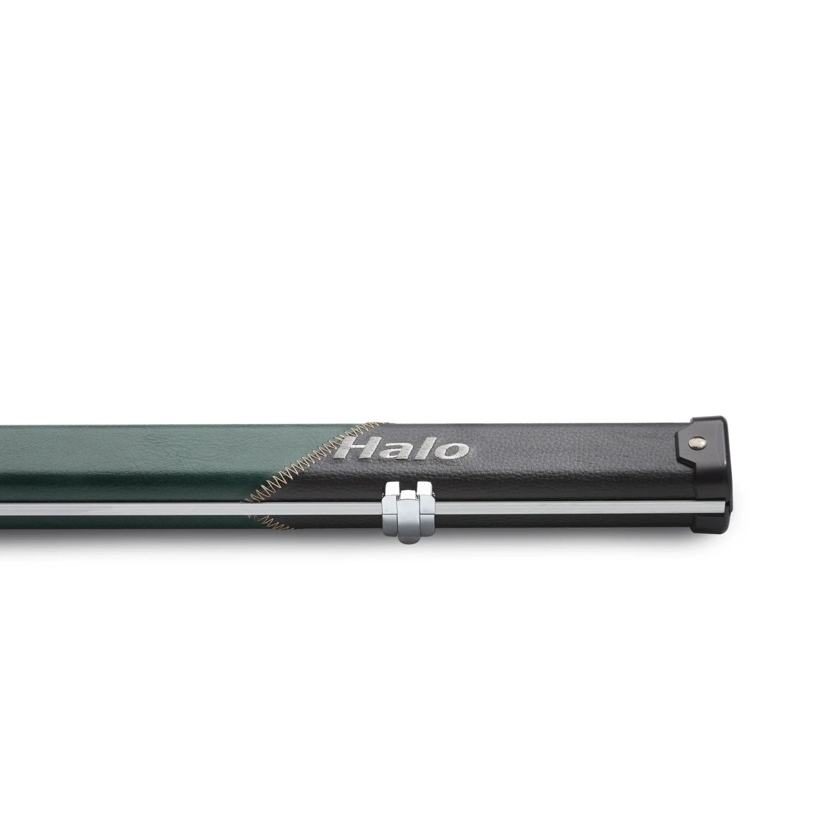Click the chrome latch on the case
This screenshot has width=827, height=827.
pos(408,510)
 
